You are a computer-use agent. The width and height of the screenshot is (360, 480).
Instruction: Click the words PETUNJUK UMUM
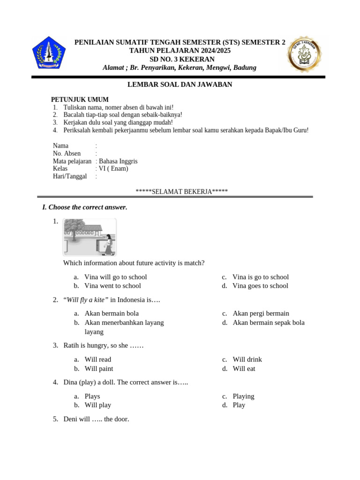click(x=80, y=99)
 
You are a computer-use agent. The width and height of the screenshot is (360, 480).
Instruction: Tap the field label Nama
click(x=60, y=146)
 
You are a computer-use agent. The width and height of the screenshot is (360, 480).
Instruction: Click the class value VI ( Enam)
click(x=113, y=169)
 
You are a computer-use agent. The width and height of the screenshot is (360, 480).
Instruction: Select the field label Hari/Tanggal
click(x=70, y=176)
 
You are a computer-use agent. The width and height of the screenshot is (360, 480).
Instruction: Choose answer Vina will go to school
click(x=115, y=277)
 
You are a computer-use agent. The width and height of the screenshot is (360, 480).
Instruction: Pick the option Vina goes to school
click(x=260, y=286)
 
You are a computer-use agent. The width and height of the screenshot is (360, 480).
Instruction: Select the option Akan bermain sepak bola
click(x=269, y=322)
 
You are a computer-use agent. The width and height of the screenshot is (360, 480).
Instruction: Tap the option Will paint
click(x=98, y=368)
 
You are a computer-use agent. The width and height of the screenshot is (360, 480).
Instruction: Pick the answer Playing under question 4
click(x=243, y=396)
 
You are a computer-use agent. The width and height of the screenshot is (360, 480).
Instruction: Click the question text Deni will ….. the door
click(x=96, y=419)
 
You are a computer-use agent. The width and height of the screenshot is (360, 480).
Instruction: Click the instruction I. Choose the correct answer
click(x=85, y=207)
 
